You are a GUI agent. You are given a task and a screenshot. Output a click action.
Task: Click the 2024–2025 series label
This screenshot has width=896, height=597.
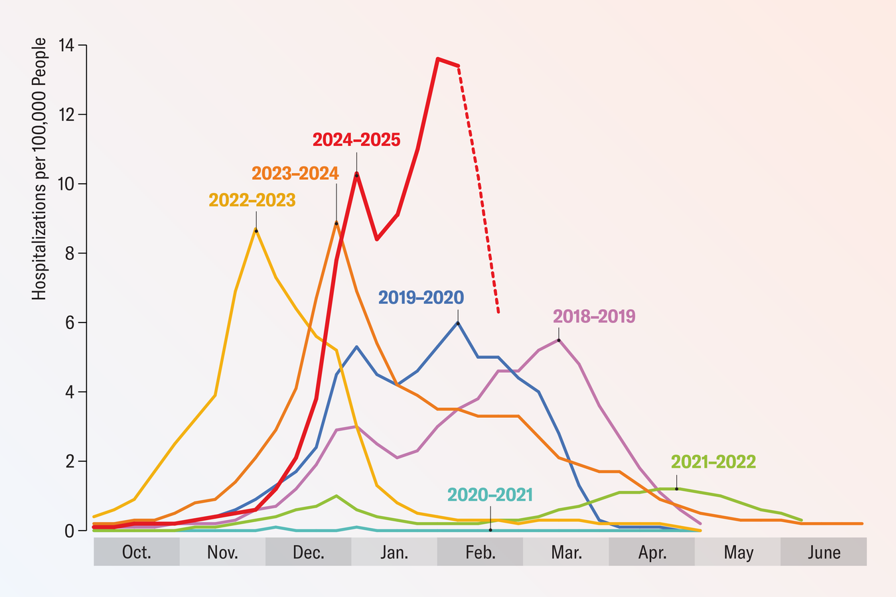click(356, 140)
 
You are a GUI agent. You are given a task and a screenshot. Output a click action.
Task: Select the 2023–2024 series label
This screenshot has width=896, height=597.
click(295, 173)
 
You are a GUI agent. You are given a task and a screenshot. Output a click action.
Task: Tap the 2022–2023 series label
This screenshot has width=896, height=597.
click(252, 200)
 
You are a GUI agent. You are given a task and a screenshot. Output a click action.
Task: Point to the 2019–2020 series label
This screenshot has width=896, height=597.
click(421, 297)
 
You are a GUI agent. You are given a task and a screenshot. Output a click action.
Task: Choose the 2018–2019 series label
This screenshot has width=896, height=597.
click(594, 316)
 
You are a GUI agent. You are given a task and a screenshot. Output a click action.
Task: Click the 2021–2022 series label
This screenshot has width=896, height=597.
click(713, 462)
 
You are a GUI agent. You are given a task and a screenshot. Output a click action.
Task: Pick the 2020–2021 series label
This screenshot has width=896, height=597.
click(490, 495)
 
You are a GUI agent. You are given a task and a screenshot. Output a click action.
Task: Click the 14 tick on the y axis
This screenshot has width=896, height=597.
click(67, 46)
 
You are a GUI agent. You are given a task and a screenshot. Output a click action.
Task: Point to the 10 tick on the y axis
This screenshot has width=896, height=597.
click(67, 184)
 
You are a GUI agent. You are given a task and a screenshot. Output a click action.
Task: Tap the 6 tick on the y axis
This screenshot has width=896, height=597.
click(70, 323)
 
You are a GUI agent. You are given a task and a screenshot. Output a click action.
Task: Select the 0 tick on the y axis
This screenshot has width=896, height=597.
click(70, 531)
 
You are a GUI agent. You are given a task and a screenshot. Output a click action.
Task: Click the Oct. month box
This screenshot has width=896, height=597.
click(137, 552)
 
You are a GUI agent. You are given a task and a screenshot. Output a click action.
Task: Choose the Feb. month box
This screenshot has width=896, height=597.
click(480, 552)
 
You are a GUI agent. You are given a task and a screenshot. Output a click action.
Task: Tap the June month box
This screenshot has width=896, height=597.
click(824, 552)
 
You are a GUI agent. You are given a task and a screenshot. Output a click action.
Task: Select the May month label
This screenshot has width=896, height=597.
click(738, 553)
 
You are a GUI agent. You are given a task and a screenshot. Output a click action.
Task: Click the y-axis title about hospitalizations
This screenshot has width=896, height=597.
click(40, 169)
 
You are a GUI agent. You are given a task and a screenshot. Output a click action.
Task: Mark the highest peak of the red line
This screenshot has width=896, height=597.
click(437, 58)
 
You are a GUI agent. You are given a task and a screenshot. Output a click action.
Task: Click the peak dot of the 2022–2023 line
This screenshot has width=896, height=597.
click(256, 230)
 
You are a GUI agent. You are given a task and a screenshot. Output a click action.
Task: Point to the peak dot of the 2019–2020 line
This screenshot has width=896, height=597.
click(458, 322)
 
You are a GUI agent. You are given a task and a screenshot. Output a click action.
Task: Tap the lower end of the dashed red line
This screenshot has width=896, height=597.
click(498, 312)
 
